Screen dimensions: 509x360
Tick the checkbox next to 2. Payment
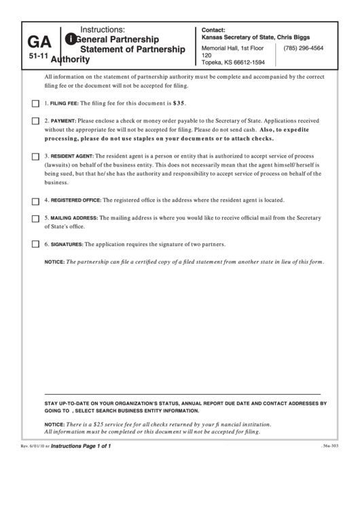[x=35, y=121]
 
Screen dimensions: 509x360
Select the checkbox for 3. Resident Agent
[x=35, y=156]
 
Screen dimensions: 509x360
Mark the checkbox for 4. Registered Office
[x=35, y=200]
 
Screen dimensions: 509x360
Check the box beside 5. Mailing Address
[x=35, y=218]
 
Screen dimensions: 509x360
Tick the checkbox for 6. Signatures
[x=35, y=244]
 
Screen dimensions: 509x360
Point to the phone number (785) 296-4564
[x=303, y=48]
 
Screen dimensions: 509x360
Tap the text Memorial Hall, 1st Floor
[x=233, y=48]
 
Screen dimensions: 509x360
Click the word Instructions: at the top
[x=103, y=30]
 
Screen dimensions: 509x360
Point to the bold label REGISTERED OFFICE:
[x=75, y=200]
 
